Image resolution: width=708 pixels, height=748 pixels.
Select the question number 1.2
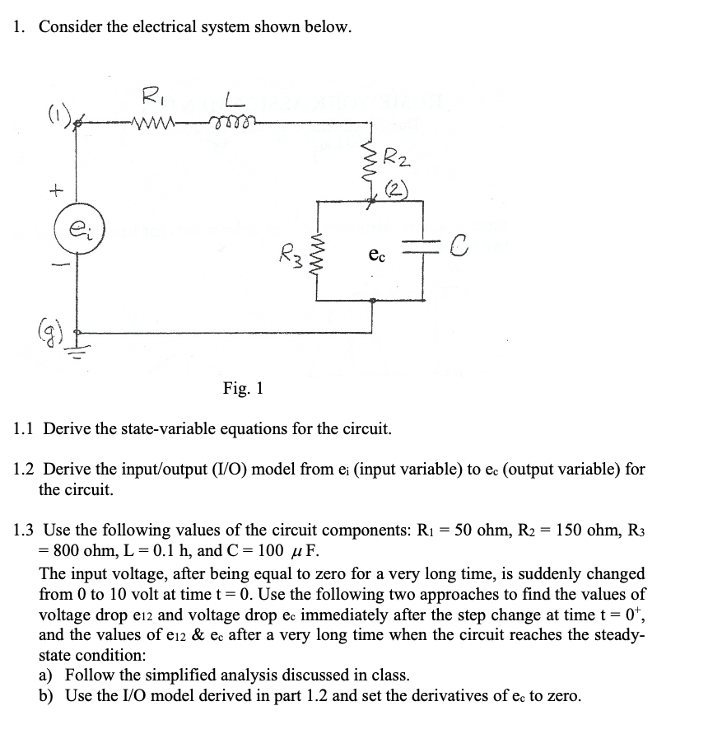pyautogui.click(x=27, y=470)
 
